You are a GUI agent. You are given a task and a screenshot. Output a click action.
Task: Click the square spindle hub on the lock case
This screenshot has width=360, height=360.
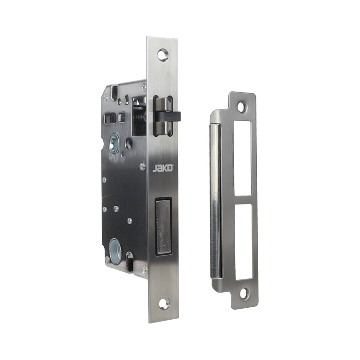point(114,143)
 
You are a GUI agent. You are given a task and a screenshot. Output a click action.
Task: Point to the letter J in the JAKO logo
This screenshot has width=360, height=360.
point(155,168)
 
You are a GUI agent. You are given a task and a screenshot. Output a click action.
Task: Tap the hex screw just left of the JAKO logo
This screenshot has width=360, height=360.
point(143,167)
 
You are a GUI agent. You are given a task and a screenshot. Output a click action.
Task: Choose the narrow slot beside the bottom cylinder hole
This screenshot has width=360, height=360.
point(129,259)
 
